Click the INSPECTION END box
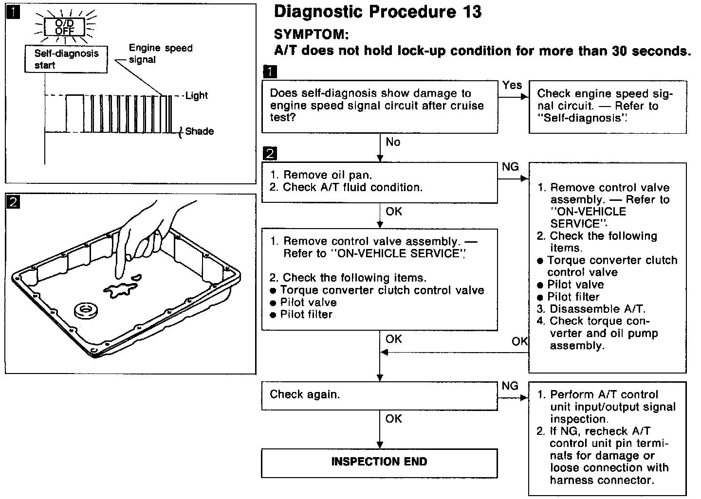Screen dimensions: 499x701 379,462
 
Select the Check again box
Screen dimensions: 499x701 379,395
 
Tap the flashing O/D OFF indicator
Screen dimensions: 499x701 65,27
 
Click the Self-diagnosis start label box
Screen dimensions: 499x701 66,59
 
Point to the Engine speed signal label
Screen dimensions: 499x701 160,53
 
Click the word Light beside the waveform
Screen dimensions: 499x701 197,96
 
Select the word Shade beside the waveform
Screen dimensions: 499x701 199,131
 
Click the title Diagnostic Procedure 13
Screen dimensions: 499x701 378,12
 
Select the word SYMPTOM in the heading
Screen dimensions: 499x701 311,35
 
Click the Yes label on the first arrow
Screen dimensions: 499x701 512,86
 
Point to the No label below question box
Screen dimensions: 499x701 393,142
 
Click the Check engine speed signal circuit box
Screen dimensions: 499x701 608,107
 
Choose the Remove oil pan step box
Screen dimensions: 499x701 379,182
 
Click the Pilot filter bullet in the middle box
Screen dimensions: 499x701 306,315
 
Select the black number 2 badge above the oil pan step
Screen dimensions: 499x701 269,154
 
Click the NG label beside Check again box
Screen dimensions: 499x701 510,386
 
